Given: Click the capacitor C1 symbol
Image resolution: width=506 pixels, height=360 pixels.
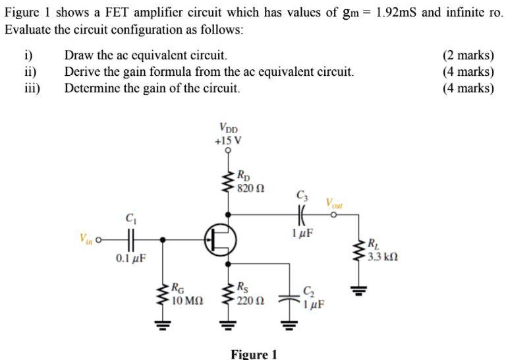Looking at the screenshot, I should pyautogui.click(x=131, y=239).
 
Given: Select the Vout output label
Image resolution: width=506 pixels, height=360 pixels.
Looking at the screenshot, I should pyautogui.click(x=334, y=204).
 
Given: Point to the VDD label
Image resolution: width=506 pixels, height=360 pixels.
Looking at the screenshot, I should pyautogui.click(x=229, y=129).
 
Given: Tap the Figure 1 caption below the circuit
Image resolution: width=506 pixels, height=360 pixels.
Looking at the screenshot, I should pyautogui.click(x=254, y=354).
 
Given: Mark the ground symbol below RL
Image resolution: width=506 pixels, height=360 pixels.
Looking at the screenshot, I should pyautogui.click(x=359, y=288).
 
